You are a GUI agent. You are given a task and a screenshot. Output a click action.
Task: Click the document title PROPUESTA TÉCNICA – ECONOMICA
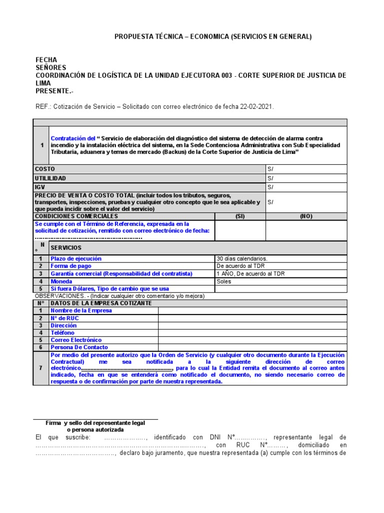click(213, 37)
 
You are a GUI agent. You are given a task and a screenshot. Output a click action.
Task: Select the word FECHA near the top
click(46, 60)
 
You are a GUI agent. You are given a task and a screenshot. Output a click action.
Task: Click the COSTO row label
click(44, 169)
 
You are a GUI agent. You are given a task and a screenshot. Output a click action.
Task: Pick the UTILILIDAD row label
click(50, 178)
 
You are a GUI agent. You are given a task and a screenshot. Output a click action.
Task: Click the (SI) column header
click(239, 216)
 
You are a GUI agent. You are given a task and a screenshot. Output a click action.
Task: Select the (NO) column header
click(305, 216)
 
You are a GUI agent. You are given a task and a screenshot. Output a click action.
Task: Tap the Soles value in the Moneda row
click(224, 281)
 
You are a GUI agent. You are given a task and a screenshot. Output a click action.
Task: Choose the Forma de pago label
click(71, 266)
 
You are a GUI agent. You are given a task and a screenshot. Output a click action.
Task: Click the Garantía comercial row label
click(121, 274)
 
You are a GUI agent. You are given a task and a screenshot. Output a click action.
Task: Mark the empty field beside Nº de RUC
click(252, 318)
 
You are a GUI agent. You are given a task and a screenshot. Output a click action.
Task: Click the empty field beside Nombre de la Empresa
click(252, 310)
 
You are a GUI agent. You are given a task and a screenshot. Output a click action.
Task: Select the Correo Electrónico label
click(76, 340)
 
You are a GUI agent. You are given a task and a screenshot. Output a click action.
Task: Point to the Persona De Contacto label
click(79, 347)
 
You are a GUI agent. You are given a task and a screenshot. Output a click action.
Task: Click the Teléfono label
click(62, 332)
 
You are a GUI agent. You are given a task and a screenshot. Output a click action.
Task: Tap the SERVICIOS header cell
click(66, 248)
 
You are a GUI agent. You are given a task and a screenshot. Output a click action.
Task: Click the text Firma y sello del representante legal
click(95, 423)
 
